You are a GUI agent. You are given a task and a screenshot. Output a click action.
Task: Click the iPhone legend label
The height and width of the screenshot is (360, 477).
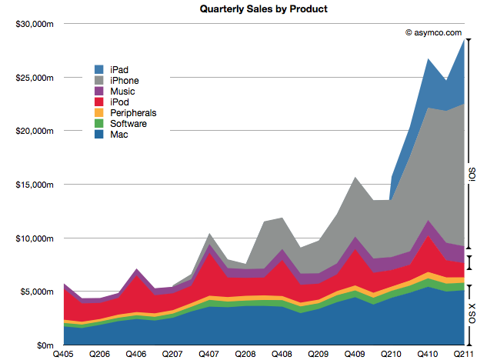pyautogui.click(x=126, y=80)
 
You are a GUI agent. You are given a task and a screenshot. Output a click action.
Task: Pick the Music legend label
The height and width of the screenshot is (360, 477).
pyautogui.click(x=123, y=91)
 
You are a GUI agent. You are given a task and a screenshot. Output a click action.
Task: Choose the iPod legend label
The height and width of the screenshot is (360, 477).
pyautogui.click(x=122, y=102)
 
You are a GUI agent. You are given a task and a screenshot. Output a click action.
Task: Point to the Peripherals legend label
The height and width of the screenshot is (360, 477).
pyautogui.click(x=134, y=112)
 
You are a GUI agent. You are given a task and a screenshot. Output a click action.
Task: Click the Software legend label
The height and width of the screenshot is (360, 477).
pyautogui.click(x=129, y=123)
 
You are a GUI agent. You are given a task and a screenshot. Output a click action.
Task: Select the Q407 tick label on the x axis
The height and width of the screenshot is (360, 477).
pyautogui.click(x=208, y=354)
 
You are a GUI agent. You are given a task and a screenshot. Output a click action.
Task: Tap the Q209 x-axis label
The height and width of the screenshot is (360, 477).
pyautogui.click(x=318, y=354)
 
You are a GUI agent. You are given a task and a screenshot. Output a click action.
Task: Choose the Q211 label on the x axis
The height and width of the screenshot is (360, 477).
pyautogui.click(x=463, y=354)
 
